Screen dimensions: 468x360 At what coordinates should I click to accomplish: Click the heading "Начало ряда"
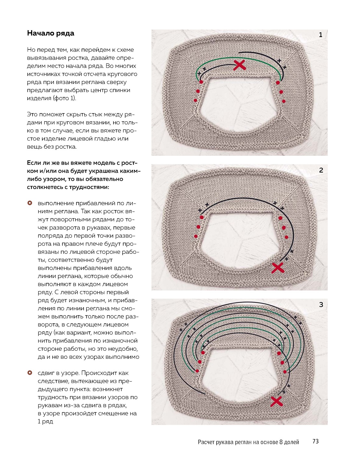pos(50,33)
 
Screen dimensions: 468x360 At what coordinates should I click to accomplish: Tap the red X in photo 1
pos(240,65)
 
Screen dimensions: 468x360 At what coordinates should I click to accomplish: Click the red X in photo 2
pos(278,268)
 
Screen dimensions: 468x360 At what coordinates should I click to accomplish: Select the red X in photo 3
pos(276,401)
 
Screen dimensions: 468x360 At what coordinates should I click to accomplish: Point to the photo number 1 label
pos(321,35)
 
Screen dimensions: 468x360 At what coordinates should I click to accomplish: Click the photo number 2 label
pos(321,170)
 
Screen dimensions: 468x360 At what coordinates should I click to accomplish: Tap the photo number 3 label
pos(321,305)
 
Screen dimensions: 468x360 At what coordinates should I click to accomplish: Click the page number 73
pos(315,441)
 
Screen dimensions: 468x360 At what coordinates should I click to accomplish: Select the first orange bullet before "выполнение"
pos(30,203)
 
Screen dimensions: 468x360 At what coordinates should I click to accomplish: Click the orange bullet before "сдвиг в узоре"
pos(30,373)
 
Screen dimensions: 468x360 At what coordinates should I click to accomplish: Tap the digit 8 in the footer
pos(281,442)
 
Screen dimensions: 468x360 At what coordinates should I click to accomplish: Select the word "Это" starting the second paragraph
pos(32,114)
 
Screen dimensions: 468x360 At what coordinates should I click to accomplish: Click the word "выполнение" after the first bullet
pos(56,203)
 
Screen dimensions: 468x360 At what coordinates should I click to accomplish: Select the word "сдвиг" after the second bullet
pos(46,373)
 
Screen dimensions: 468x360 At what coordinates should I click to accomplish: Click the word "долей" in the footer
pos(292,442)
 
